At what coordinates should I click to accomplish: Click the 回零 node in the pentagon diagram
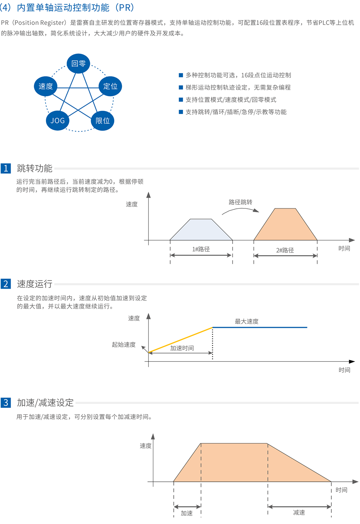point(78,64)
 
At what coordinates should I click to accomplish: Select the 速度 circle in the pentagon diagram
point(46,86)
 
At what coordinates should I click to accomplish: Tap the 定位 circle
point(110,86)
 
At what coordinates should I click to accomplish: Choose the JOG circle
point(58,121)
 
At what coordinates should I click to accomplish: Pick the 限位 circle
point(102,121)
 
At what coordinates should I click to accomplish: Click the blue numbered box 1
point(6,168)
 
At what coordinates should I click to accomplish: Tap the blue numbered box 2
point(6,284)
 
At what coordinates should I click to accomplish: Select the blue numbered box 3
point(6,403)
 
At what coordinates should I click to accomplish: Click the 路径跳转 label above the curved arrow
point(241,202)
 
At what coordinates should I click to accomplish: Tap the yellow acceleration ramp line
point(181,340)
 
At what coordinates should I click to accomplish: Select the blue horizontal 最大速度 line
point(260,327)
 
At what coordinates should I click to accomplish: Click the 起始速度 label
point(124,345)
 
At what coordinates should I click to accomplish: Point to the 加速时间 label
point(182,348)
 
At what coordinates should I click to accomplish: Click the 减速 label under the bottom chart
point(299,513)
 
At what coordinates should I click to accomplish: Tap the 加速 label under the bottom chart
point(187,513)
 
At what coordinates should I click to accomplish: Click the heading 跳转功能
point(35,168)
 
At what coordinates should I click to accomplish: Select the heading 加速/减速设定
point(46,403)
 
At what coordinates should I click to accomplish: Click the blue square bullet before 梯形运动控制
point(181,87)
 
